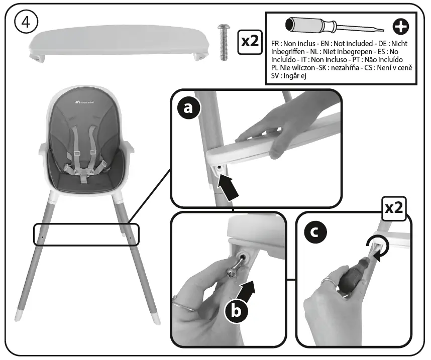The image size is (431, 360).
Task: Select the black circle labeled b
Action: click(x=236, y=311)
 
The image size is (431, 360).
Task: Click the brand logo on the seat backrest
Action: click(x=86, y=104)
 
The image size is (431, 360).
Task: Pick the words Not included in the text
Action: click(x=354, y=44)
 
